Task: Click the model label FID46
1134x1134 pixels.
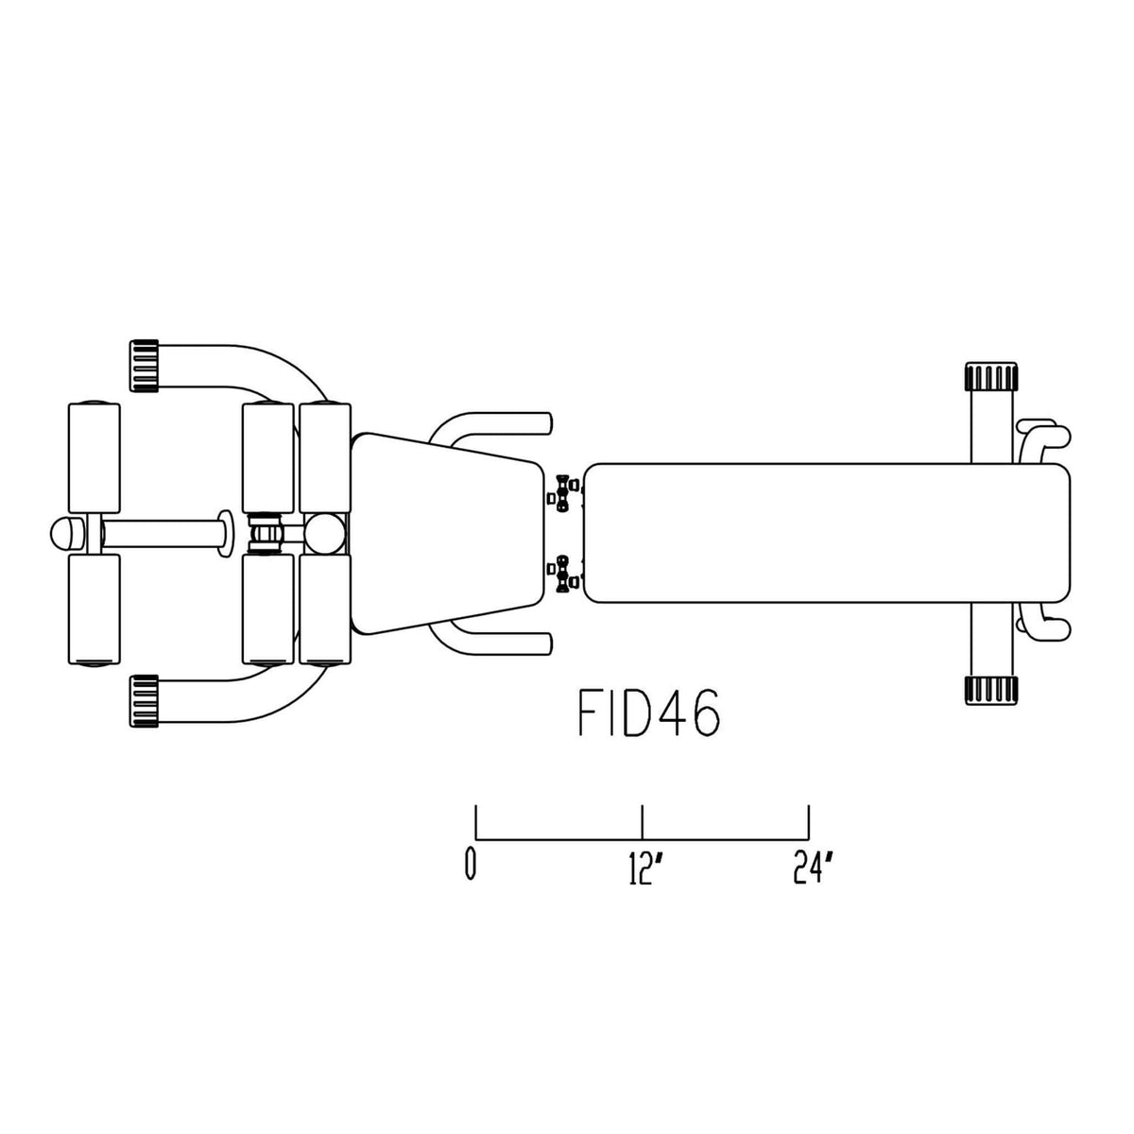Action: click(x=648, y=713)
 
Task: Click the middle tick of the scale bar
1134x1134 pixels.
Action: click(x=643, y=822)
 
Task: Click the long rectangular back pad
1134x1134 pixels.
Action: click(x=827, y=533)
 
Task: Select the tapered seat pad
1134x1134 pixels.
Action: click(x=447, y=534)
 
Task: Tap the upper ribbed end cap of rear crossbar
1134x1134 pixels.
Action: click(x=991, y=377)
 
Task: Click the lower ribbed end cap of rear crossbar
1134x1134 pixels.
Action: click(x=991, y=690)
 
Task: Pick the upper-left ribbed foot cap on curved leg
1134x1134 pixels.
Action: click(x=144, y=366)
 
